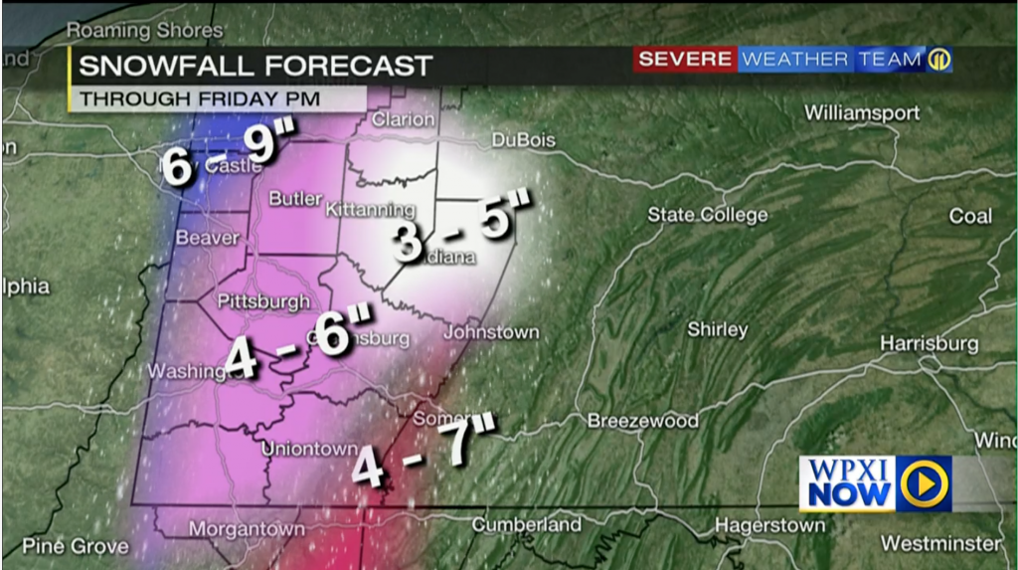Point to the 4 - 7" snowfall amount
point(424,452)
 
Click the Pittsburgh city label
point(263,301)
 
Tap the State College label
point(707,215)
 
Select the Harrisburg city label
point(929,343)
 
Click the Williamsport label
point(862,112)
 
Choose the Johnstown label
point(491,332)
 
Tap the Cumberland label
point(526,524)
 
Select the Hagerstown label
point(769,524)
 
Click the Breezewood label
point(642,421)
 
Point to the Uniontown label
point(309,449)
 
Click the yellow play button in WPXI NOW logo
point(925,483)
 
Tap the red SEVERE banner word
point(685,60)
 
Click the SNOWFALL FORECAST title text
point(255,67)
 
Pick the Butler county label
point(295,199)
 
